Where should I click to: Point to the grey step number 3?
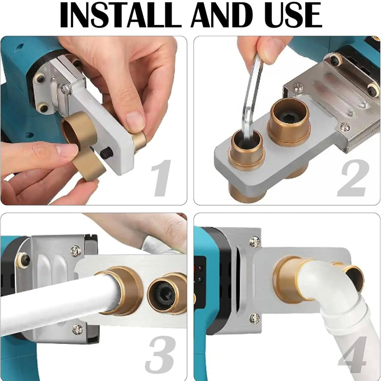click(160, 354)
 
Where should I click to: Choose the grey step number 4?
click(352, 354)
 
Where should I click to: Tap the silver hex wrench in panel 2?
click(251, 97)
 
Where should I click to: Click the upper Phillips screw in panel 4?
click(254, 241)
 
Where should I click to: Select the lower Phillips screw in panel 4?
click(254, 318)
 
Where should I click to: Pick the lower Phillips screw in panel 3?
click(77, 329)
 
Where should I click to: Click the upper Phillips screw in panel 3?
click(76, 251)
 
